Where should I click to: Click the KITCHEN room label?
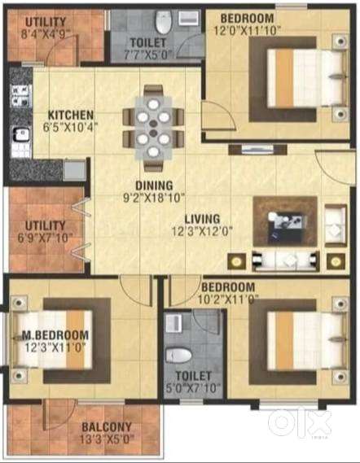pyautogui.click(x=70, y=115)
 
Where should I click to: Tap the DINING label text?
pyautogui.click(x=141, y=184)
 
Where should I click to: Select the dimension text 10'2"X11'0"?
pyautogui.click(x=230, y=299)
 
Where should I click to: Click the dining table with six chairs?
pyautogui.click(x=153, y=128)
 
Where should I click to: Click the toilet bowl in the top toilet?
pyautogui.click(x=162, y=17)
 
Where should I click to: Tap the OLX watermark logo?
pyautogui.click(x=301, y=422)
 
